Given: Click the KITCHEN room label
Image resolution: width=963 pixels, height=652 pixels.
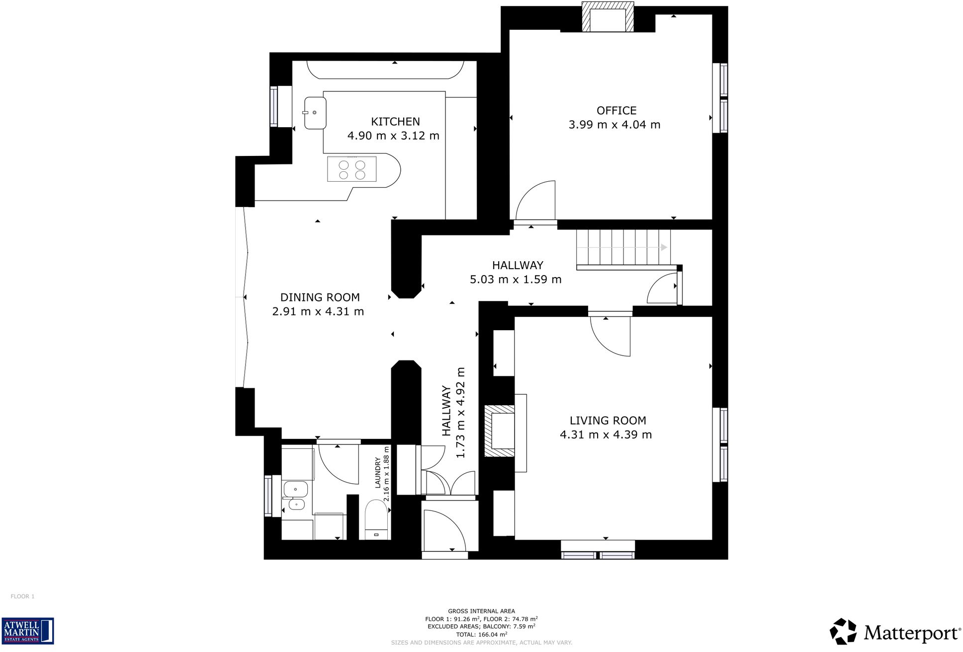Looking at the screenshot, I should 395,122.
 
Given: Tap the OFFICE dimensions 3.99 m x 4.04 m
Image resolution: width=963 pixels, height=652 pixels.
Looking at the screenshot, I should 614,125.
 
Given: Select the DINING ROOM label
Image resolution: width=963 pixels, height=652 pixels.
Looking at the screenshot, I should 320,297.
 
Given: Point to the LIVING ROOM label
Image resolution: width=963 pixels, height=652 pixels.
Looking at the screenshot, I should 608,421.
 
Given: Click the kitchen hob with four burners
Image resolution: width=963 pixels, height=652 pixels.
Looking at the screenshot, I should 352,169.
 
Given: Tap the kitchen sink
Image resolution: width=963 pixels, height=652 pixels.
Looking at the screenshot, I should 315,113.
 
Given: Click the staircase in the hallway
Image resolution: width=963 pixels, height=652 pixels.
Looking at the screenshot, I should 623,247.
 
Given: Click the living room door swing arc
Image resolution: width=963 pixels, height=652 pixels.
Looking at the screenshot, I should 610,337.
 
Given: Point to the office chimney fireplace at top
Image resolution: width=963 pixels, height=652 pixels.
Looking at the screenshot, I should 608,18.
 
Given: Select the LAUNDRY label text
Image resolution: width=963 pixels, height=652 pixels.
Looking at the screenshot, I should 378,472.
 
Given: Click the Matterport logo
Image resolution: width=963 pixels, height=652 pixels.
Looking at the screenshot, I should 895,632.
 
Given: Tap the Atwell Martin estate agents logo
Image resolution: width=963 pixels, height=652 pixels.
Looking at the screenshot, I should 28,631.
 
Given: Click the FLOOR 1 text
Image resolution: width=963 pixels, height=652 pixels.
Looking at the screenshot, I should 23,596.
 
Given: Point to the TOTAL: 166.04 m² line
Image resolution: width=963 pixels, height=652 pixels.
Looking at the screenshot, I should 481,634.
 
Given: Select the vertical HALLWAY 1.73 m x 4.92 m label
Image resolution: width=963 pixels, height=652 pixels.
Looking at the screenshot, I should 453,412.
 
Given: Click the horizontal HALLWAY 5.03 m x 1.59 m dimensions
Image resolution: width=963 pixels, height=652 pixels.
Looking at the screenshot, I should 516,280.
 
